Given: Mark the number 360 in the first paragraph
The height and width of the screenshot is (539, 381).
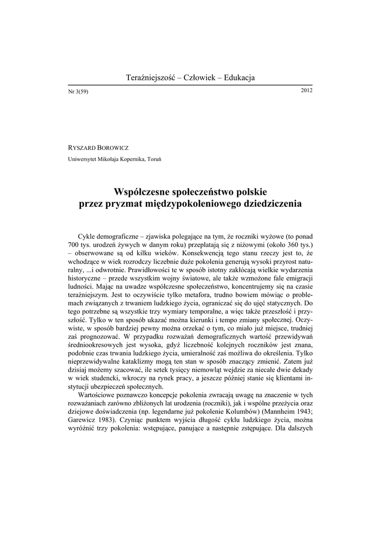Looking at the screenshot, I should coord(286,246).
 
